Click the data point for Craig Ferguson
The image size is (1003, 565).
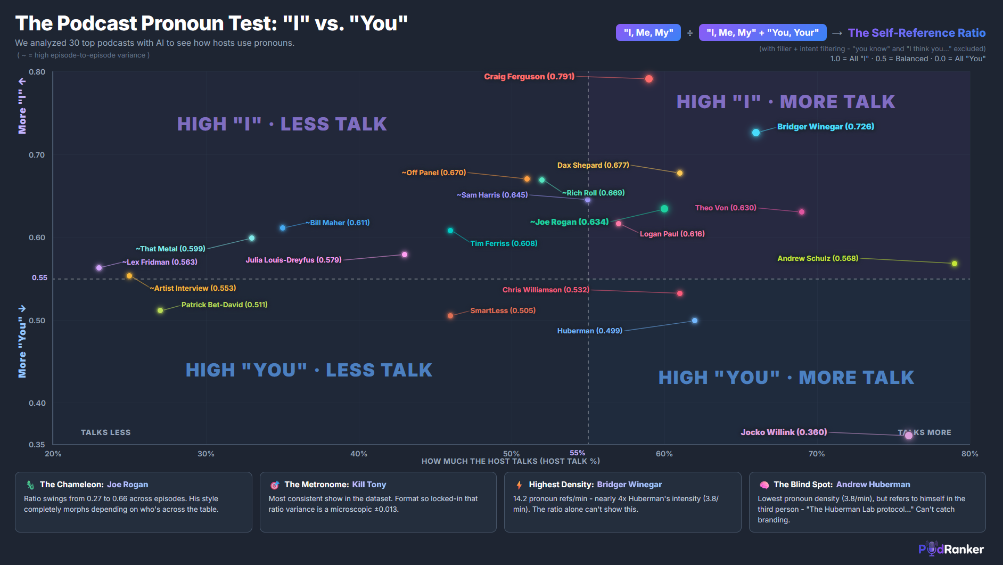pyautogui.click(x=648, y=79)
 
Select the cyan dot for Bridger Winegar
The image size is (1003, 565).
pyautogui.click(x=755, y=133)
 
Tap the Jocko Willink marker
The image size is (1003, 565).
pyautogui.click(x=908, y=436)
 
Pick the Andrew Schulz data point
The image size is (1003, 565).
pyautogui.click(x=954, y=264)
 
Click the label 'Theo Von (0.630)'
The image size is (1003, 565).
pyautogui.click(x=725, y=208)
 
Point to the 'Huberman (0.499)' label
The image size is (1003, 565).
pyautogui.click(x=589, y=331)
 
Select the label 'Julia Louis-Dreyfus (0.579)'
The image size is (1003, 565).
pyautogui.click(x=293, y=260)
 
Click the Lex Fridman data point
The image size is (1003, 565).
pyautogui.click(x=99, y=268)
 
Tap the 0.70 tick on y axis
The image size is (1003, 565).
pyautogui.click(x=37, y=155)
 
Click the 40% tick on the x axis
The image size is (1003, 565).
pyautogui.click(x=358, y=454)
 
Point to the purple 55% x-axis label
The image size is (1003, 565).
pyautogui.click(x=577, y=453)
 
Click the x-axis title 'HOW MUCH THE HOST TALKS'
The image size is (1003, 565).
pyautogui.click(x=510, y=461)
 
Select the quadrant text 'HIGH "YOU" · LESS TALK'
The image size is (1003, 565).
pyautogui.click(x=309, y=370)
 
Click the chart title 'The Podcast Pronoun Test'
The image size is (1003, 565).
pyautogui.click(x=211, y=23)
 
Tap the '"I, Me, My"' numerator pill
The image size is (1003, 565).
pyautogui.click(x=648, y=32)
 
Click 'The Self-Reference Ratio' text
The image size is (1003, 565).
pyautogui.click(x=916, y=33)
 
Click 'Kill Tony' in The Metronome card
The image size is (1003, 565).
pyautogui.click(x=369, y=485)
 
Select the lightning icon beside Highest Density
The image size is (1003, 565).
pyautogui.click(x=519, y=485)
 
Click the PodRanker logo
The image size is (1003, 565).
pyautogui.click(x=951, y=549)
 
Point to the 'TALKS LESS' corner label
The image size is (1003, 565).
pyautogui.click(x=105, y=432)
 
